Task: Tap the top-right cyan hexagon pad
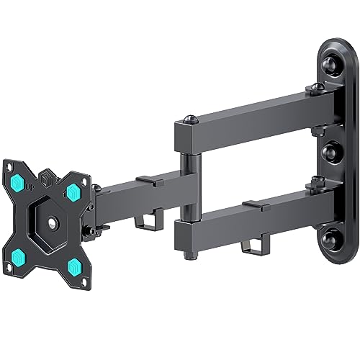[73, 191]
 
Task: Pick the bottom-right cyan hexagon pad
[75, 266]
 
